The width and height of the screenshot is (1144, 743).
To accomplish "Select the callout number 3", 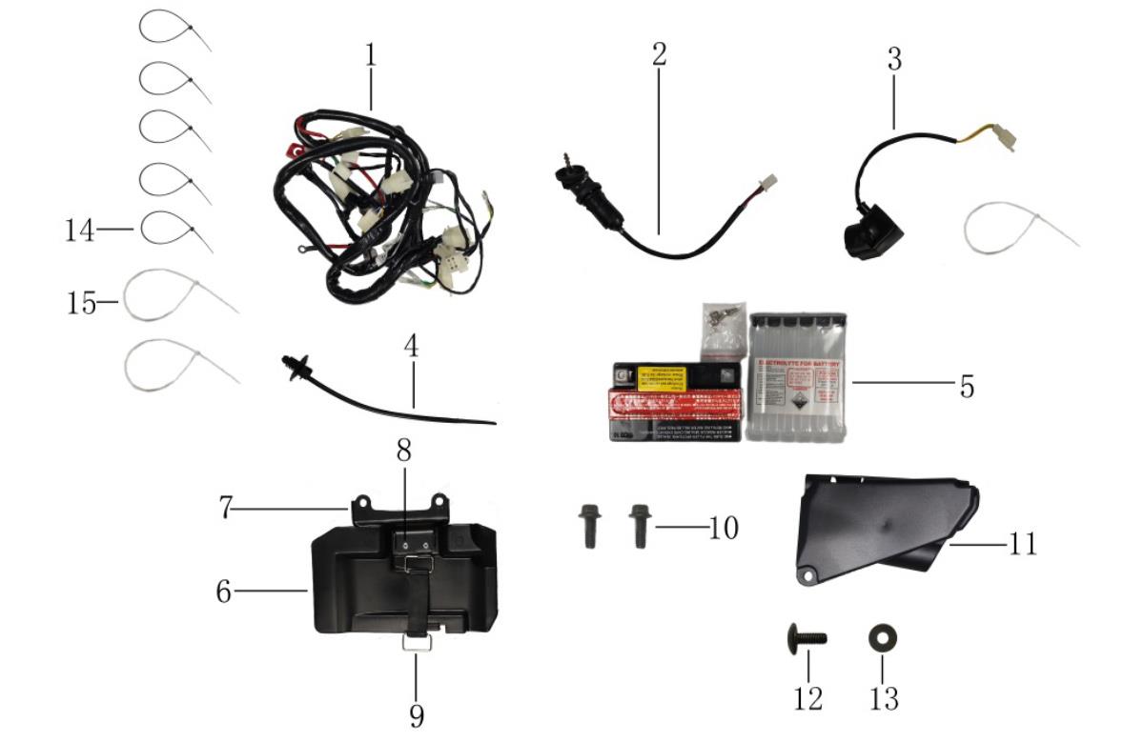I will pos(893,59).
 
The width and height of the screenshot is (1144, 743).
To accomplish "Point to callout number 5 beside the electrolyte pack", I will pos(967,387).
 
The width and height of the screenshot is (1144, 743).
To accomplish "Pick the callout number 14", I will pos(80,230).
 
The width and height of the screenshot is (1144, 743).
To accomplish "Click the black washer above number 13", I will pos(882,636).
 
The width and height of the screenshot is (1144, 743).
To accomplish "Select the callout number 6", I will pos(223,591).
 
